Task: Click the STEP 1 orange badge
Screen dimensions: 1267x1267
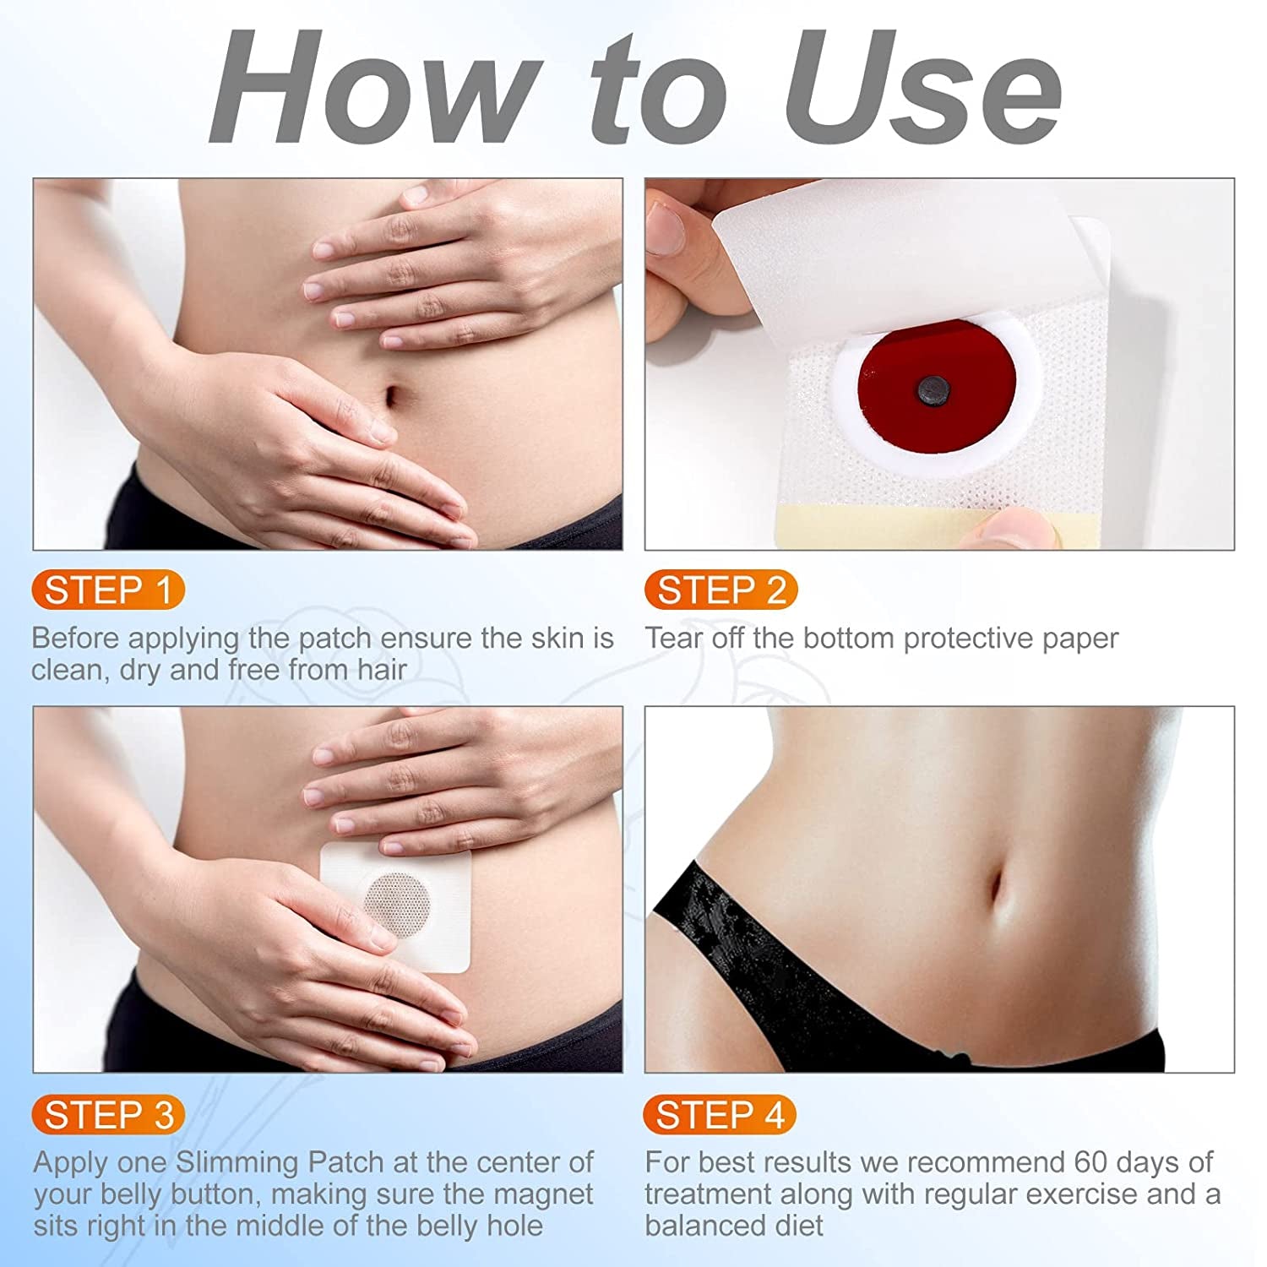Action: tap(107, 590)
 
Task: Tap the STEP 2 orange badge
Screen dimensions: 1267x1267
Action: tap(721, 590)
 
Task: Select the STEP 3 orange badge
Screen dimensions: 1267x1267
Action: tap(108, 1115)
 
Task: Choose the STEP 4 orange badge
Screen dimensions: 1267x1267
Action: tap(720, 1115)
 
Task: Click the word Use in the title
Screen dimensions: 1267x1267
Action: tap(921, 89)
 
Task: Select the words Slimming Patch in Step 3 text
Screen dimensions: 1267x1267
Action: tap(280, 1162)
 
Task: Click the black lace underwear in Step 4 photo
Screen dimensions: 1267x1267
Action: tap(760, 954)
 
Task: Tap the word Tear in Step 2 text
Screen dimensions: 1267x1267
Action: tap(673, 639)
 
